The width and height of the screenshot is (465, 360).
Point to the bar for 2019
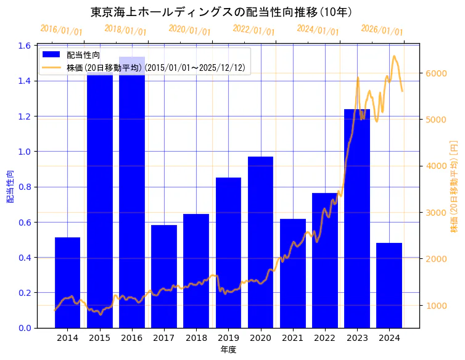pyautogui.click(x=228, y=253)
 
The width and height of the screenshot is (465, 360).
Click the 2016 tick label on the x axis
pyautogui.click(x=132, y=338)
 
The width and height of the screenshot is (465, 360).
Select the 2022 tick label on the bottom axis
pyautogui.click(x=325, y=338)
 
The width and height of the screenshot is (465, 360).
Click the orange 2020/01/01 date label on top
pyautogui.click(x=189, y=30)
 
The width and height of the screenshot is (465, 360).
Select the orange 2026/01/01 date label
pyautogui.click(x=382, y=30)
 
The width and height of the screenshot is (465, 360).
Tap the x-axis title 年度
pyautogui.click(x=228, y=350)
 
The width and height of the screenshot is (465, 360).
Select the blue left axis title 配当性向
pyautogui.click(x=10, y=186)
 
